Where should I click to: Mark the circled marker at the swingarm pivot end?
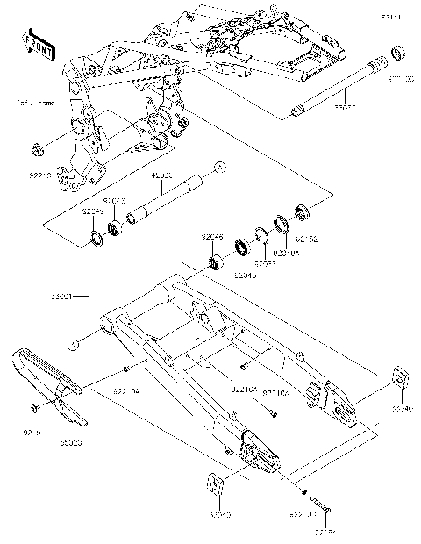tap(76, 342)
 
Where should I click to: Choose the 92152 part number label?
tap(304, 238)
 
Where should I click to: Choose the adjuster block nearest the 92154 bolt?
tap(215, 486)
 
